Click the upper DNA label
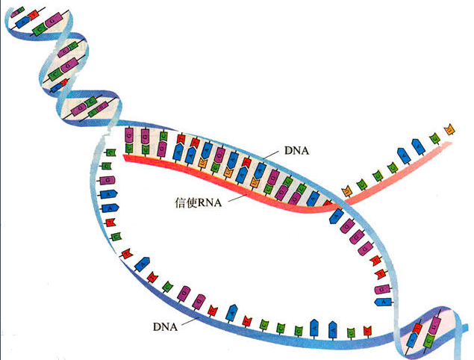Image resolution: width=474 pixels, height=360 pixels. coord(297,151)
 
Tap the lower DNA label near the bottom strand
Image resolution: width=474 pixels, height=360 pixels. coord(164,326)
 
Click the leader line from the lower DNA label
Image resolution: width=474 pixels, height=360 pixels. coord(190,320)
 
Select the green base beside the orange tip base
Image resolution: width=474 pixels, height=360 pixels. coord(434,137)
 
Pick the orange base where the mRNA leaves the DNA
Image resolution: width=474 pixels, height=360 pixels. coord(346,192)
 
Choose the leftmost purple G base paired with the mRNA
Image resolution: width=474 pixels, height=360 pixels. coord(128,137)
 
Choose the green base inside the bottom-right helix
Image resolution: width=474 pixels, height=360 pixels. coord(431,339)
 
